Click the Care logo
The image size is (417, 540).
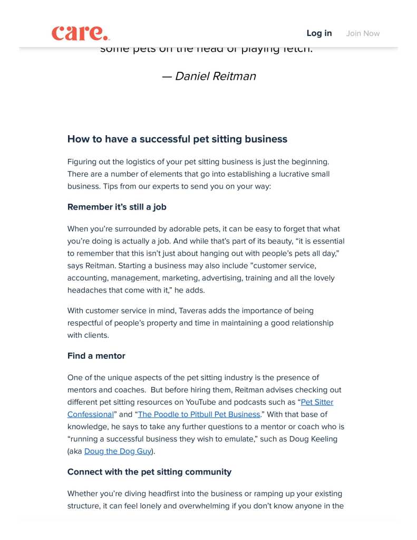81,33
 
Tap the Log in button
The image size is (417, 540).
319,33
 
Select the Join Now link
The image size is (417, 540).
363,33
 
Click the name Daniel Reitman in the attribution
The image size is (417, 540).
215,76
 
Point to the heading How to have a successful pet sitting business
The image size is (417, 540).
177,139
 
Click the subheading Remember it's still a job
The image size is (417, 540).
117,207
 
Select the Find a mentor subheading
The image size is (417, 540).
96,356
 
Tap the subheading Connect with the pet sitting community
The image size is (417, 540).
149,472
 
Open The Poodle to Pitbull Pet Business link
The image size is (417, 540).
199,414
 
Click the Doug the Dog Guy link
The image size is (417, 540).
118,451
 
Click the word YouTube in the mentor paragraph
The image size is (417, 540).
201,402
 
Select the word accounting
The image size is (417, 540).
87,278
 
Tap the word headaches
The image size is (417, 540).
87,290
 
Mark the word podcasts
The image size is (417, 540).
251,402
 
